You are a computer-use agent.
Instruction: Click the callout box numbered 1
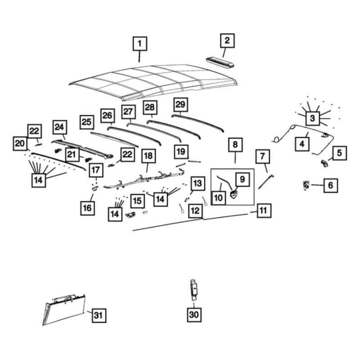tap(139, 44)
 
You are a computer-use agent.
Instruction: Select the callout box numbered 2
tap(227, 40)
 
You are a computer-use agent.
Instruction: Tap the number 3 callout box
tap(311, 118)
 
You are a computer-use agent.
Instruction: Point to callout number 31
tap(98, 315)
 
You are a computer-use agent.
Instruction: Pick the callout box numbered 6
tap(331, 185)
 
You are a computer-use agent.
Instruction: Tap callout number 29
tap(180, 104)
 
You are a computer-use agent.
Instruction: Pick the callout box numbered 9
tap(242, 179)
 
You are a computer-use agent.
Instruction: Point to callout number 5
tap(339, 153)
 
